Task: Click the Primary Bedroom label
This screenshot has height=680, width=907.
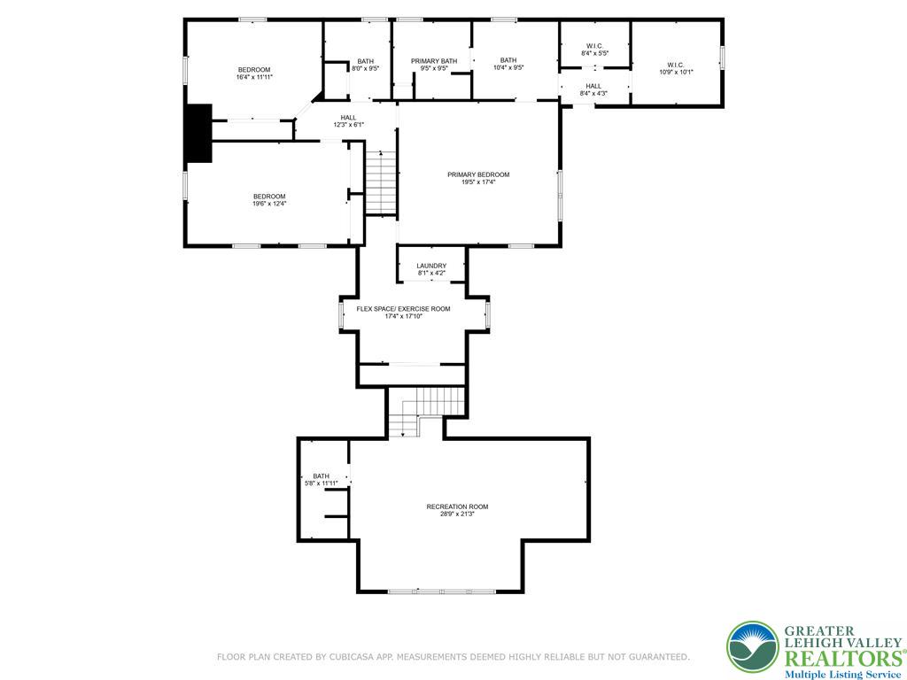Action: point(478,174)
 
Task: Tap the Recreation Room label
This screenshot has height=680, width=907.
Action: point(457,506)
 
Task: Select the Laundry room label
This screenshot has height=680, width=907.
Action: point(431,266)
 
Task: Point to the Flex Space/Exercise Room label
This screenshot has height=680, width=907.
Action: point(403,309)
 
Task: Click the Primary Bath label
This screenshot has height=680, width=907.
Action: point(434,61)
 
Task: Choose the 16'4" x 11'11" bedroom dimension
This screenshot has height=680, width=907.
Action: point(254,77)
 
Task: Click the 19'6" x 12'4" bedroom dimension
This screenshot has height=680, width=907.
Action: point(269,204)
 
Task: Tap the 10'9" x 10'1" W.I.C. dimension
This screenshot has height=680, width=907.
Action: point(676,73)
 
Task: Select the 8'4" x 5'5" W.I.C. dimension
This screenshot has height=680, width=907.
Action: point(594,53)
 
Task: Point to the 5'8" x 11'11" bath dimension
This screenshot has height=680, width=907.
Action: point(321,483)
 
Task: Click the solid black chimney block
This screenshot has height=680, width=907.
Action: point(198,133)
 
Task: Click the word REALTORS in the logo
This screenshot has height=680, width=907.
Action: point(842,659)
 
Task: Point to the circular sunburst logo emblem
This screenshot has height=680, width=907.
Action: point(753,647)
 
